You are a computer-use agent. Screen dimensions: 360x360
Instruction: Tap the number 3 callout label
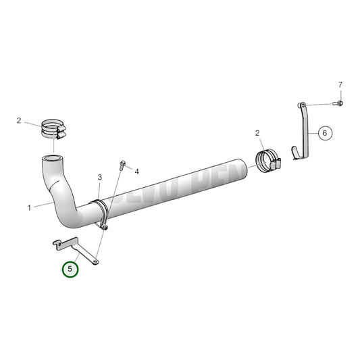click(x=99, y=178)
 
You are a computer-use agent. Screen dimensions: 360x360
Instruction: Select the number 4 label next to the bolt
click(x=136, y=172)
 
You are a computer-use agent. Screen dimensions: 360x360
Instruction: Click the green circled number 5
click(x=70, y=269)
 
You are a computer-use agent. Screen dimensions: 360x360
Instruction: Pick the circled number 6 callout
click(x=324, y=133)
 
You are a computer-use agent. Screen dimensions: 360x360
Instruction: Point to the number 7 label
click(x=340, y=84)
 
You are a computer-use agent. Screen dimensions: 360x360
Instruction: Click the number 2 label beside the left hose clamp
click(x=19, y=121)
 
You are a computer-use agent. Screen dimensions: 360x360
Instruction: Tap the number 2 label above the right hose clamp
click(x=258, y=133)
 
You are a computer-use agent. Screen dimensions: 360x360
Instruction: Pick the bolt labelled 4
click(x=122, y=164)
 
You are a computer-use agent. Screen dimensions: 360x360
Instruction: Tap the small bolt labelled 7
click(x=339, y=103)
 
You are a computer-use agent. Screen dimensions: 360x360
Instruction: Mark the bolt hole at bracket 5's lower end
click(x=96, y=259)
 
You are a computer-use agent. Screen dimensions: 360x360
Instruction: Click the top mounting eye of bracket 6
click(x=302, y=105)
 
